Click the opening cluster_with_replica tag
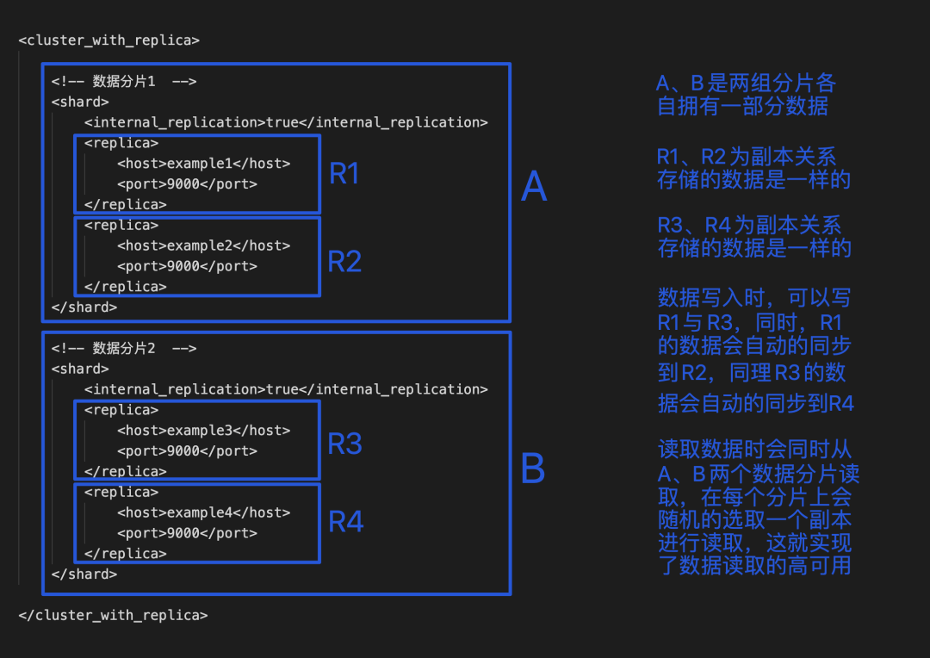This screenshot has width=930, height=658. coord(108,40)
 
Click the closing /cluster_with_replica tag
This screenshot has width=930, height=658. coord(112,615)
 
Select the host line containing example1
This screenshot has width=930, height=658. coord(203,164)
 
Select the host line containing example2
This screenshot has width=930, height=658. coord(203,245)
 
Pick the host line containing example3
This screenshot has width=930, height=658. coord(203,431)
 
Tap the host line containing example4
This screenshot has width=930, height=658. coord(203,512)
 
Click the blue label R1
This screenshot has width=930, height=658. coord(344,174)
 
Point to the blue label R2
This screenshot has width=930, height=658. coord(344,261)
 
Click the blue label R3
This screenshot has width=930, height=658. coord(344,444)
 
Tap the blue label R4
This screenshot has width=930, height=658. coord(345,522)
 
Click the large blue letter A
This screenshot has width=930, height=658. coord(534,187)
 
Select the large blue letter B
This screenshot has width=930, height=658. coord(533,469)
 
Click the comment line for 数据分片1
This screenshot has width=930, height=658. coord(124,82)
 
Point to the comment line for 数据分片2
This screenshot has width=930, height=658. coord(124,349)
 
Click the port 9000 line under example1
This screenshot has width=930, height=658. coord(187,184)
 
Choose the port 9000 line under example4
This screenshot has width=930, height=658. coord(187,533)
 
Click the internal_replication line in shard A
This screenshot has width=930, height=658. coord(286,122)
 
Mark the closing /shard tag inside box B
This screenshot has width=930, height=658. coord(84,574)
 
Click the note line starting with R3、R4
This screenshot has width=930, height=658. coord(749,226)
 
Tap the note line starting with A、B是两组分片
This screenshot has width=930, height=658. coord(746,84)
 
